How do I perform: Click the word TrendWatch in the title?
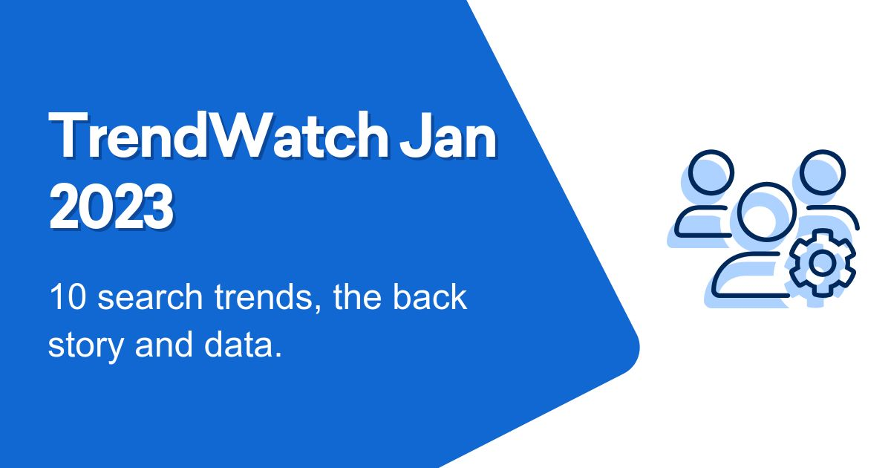click(218, 135)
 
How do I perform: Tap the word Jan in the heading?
click(448, 135)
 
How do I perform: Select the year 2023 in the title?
click(111, 207)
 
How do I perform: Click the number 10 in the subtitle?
click(68, 297)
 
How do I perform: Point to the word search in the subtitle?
click(150, 297)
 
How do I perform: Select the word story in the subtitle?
click(85, 345)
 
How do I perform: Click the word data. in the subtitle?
click(243, 344)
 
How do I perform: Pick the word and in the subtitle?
click(164, 344)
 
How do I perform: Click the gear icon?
click(822, 263)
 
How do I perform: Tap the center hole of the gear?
click(822, 263)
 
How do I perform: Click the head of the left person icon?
click(711, 172)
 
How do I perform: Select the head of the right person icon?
click(822, 172)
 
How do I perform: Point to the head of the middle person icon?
click(767, 212)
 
